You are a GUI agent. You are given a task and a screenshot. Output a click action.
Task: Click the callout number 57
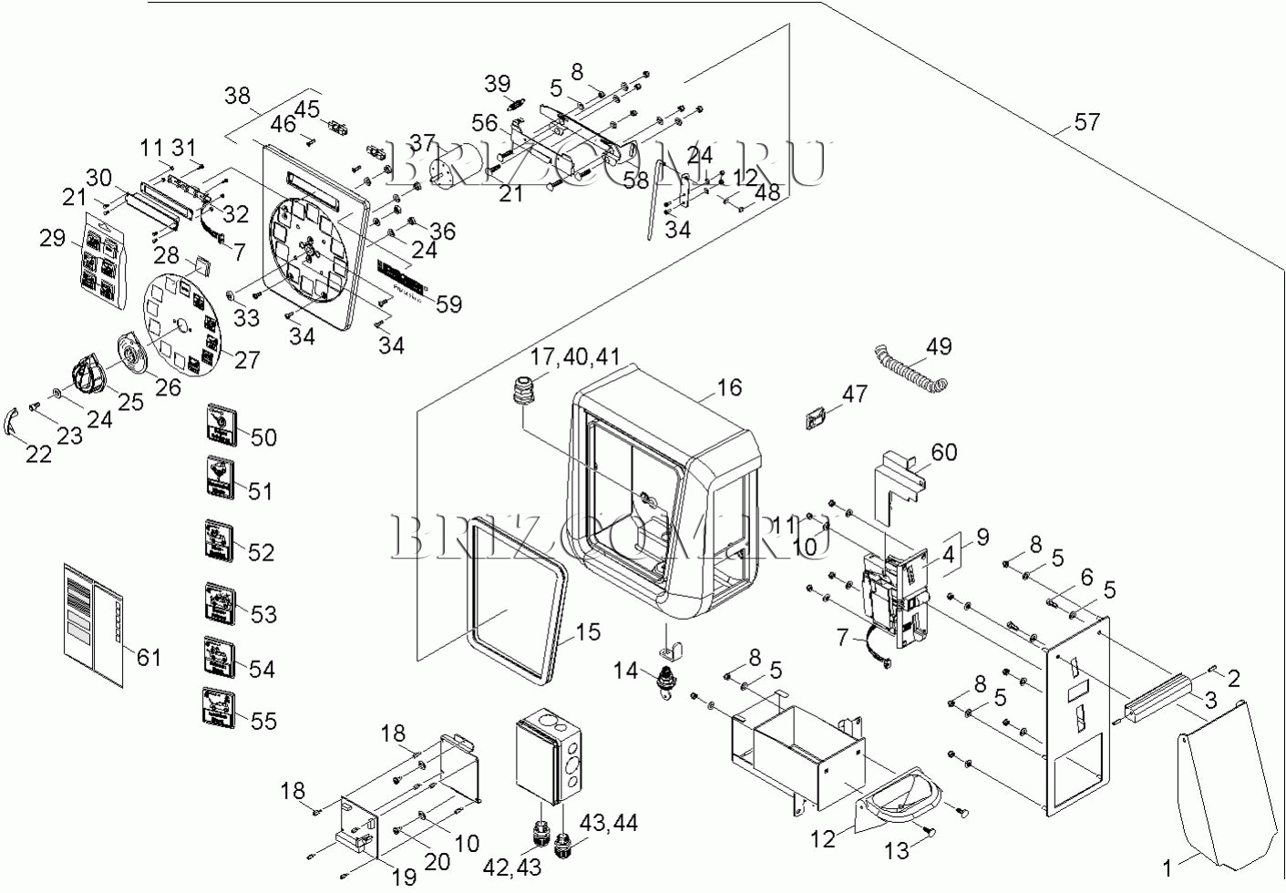pos(1086,122)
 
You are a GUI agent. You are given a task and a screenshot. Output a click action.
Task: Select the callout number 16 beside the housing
pos(729,388)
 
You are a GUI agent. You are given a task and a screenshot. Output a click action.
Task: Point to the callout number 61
pos(149,656)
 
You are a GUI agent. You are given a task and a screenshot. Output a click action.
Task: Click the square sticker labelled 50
pos(221,426)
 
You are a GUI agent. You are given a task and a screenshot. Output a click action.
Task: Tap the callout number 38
pos(237,97)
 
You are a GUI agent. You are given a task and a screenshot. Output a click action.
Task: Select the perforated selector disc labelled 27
pos(182,323)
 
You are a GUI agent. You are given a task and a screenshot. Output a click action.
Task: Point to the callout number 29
pos(52,238)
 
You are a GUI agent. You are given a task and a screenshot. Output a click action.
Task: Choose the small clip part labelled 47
pos(815,419)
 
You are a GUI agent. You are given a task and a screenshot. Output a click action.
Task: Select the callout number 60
pos(944,452)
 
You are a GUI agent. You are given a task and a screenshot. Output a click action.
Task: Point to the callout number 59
pos(448,303)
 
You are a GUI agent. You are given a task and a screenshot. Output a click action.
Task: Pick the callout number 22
pos(38,453)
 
